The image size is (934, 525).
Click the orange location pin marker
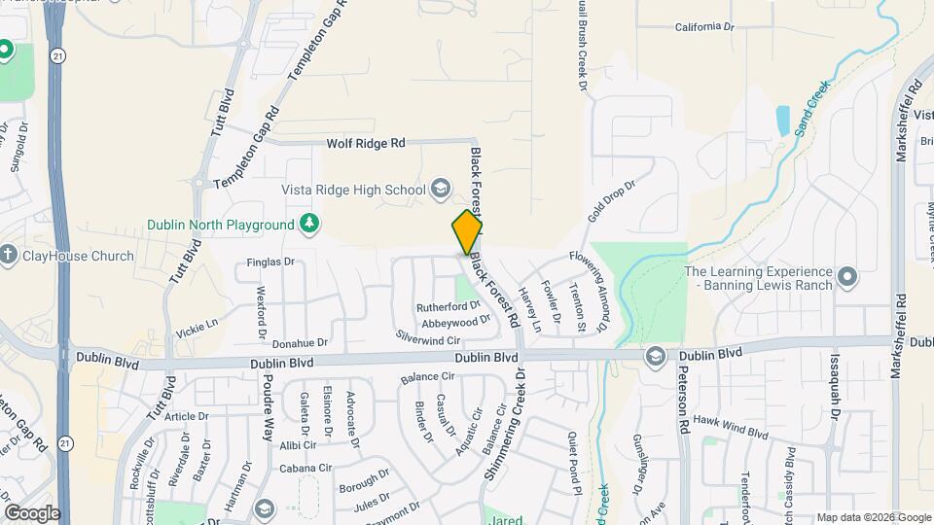point(467,231)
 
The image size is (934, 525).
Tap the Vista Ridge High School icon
point(441,189)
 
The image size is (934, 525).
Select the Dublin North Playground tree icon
point(309,225)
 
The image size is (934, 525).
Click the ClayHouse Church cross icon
point(9,256)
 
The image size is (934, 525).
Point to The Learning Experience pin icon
point(846,278)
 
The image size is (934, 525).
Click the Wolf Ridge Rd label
point(365,143)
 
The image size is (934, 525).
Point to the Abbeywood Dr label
point(456,321)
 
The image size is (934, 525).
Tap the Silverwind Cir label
point(428,337)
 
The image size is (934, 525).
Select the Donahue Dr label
point(301,343)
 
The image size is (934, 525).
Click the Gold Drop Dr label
point(611,199)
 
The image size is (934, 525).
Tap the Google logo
point(31,512)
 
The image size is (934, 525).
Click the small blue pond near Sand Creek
point(783,120)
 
